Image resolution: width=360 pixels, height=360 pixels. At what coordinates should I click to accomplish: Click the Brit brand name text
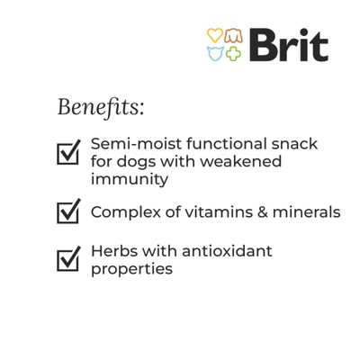pos(288,44)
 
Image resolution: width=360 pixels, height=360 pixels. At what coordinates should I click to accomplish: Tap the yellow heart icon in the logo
pos(214,36)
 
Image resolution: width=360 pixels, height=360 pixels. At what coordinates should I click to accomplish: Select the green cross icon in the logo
pos(233,52)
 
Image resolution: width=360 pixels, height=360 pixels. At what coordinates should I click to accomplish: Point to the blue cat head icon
pos(214,52)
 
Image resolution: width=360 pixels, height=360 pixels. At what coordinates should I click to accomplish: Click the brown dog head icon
pos(233,36)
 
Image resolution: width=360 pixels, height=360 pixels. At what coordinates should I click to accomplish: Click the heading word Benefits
pos(100,107)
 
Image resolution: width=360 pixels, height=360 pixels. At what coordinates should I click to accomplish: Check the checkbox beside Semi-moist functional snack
pos(68,152)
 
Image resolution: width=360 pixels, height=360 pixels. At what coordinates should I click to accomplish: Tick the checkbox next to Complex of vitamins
pos(68,212)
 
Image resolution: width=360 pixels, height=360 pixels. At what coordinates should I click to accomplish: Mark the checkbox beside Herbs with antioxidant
pos(68,259)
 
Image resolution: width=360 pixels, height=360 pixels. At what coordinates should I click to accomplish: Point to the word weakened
pos(242,162)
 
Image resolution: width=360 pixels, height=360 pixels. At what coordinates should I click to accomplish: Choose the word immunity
pos(130,179)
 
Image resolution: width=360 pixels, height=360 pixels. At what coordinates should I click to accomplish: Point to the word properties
pos(131,268)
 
